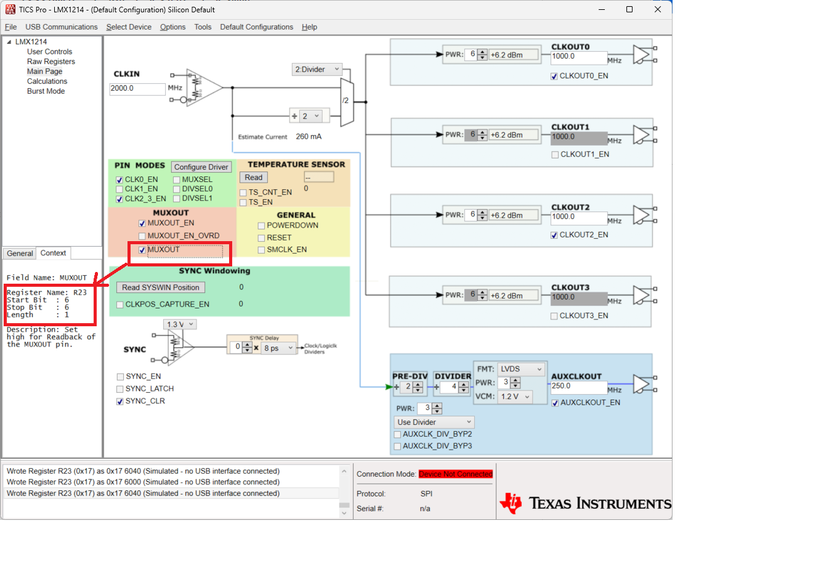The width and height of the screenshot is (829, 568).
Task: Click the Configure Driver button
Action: [x=201, y=167]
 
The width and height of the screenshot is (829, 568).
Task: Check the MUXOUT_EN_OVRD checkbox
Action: [x=142, y=236]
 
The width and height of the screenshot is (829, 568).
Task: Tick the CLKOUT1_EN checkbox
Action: [x=555, y=155]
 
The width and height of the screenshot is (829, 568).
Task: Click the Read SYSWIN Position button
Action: [x=161, y=287]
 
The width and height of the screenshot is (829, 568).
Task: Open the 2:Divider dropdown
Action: [x=317, y=69]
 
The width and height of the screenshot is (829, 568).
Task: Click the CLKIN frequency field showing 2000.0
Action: [x=137, y=89]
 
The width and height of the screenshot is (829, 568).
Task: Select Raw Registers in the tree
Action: [x=51, y=62]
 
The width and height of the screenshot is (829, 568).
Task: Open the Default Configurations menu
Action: [x=256, y=27]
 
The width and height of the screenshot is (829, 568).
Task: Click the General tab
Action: [x=20, y=253]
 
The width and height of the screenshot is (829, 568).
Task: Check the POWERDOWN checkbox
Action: [x=261, y=226]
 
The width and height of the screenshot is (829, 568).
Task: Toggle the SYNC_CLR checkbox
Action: [x=120, y=401]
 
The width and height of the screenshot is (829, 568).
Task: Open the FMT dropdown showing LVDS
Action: [x=521, y=369]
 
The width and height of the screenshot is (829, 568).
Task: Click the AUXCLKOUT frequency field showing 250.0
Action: [x=579, y=387]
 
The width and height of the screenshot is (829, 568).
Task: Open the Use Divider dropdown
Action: [x=434, y=422]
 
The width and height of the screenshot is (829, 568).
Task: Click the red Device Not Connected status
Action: [x=456, y=474]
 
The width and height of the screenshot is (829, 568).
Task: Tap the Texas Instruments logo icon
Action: [x=511, y=503]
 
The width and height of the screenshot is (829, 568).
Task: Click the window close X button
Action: [x=657, y=9]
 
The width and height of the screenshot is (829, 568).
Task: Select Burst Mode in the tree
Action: [x=46, y=91]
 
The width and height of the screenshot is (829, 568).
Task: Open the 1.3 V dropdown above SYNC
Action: [x=180, y=324]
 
